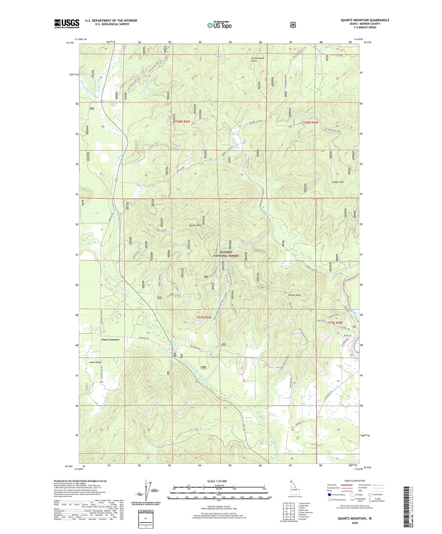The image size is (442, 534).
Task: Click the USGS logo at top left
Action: point(67,24)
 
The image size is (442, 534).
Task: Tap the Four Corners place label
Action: point(110,339)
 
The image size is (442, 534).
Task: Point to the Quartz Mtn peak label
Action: point(195,225)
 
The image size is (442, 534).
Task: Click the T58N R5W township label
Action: point(182,121)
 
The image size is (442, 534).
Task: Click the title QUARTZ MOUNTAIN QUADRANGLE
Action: point(365,20)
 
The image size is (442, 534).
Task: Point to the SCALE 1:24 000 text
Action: point(217,481)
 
